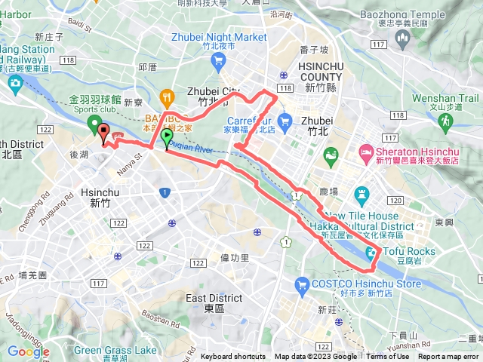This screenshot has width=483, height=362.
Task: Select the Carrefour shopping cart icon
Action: click(x=285, y=121)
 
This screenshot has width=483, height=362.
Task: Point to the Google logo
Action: click(x=28, y=351)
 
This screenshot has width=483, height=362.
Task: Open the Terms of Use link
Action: click(x=387, y=357)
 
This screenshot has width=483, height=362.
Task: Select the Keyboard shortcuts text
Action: click(x=232, y=357)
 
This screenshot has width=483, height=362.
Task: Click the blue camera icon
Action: click(x=15, y=83)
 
